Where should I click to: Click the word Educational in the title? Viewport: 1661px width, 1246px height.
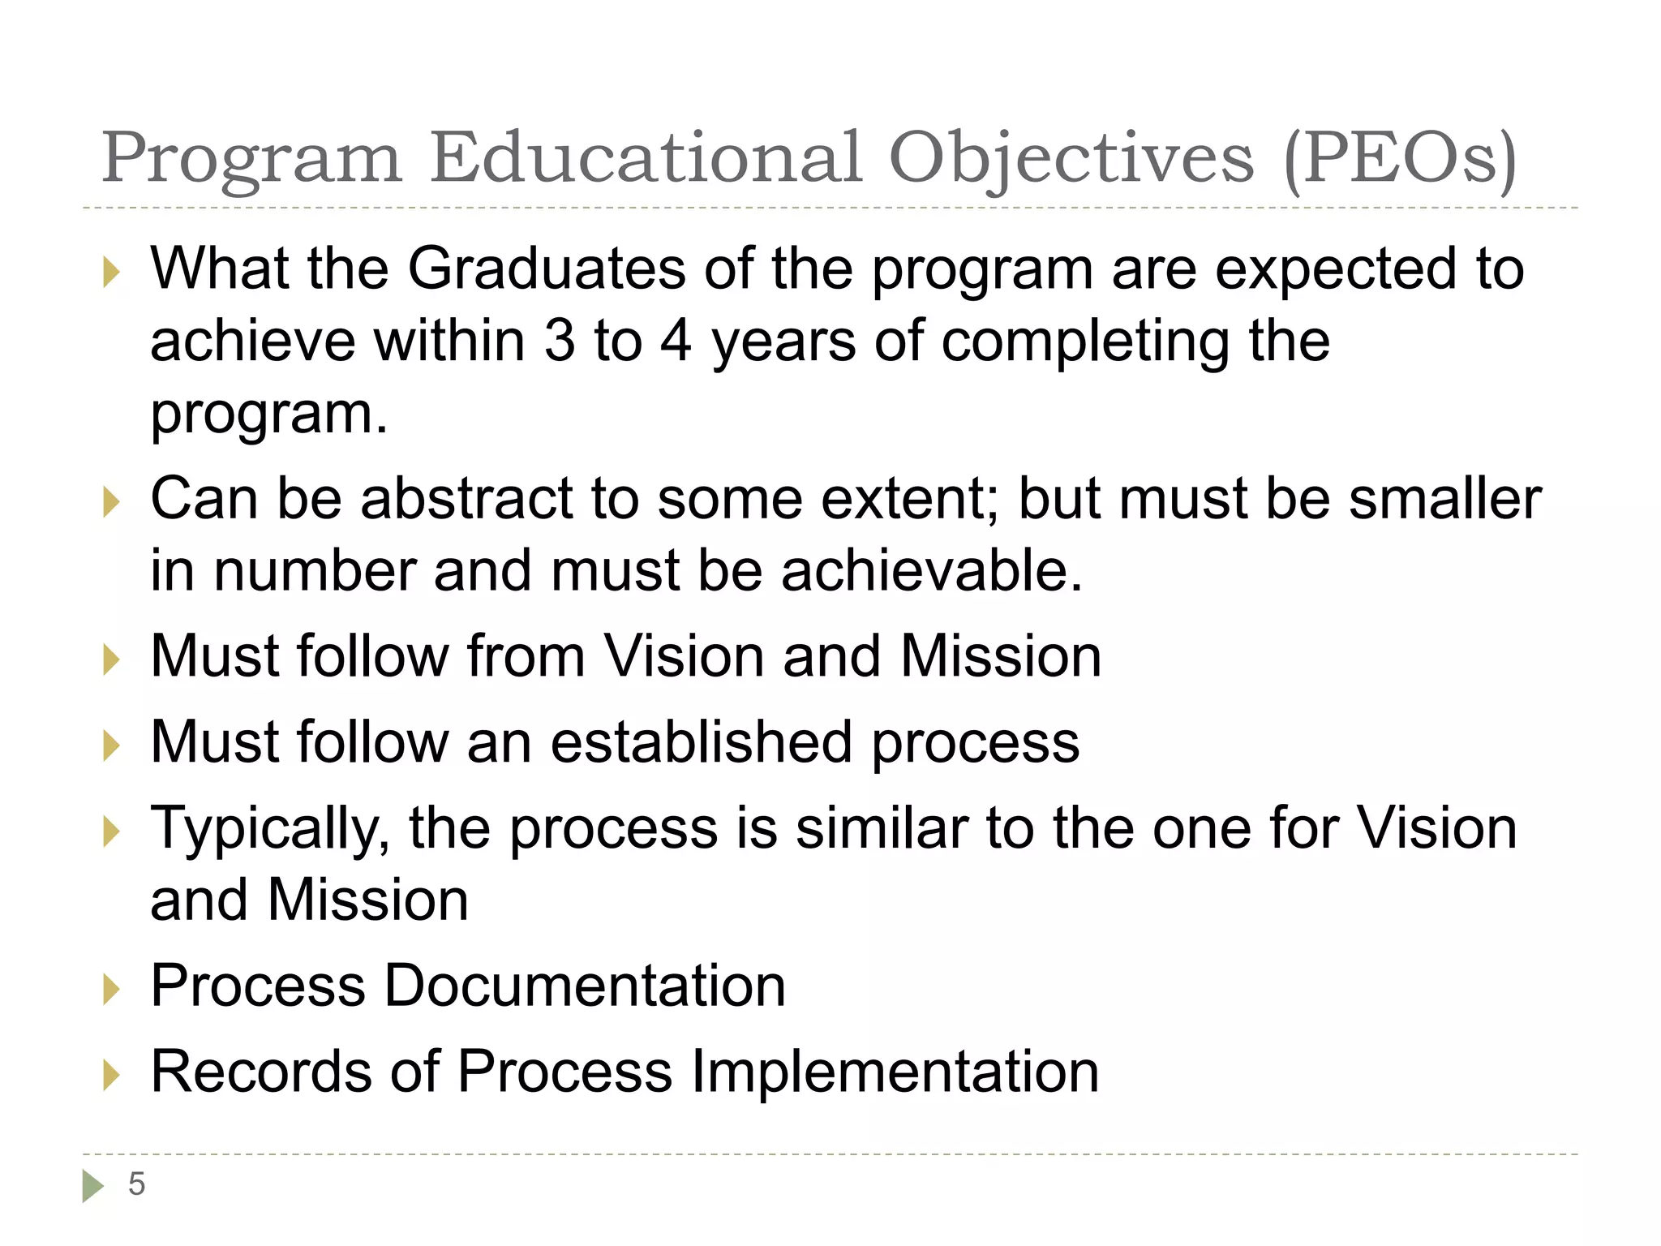646,157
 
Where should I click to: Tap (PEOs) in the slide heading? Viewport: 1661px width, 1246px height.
1401,159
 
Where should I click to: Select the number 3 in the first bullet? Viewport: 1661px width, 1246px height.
560,341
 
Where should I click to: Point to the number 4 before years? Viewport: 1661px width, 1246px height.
676,341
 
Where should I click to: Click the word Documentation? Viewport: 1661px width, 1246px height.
584,986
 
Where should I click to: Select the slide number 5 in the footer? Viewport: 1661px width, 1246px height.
136,1184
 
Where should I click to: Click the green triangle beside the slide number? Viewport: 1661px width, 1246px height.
92,1185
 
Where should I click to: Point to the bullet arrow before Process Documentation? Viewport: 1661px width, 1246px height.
111,990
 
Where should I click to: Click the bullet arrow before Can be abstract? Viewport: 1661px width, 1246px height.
111,502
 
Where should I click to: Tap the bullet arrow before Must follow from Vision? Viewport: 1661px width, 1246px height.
111,660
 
